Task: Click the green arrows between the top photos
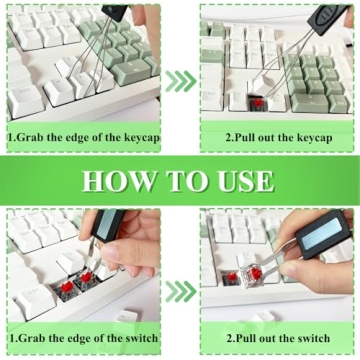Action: point(180,80)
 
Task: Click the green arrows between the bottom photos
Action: point(180,291)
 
